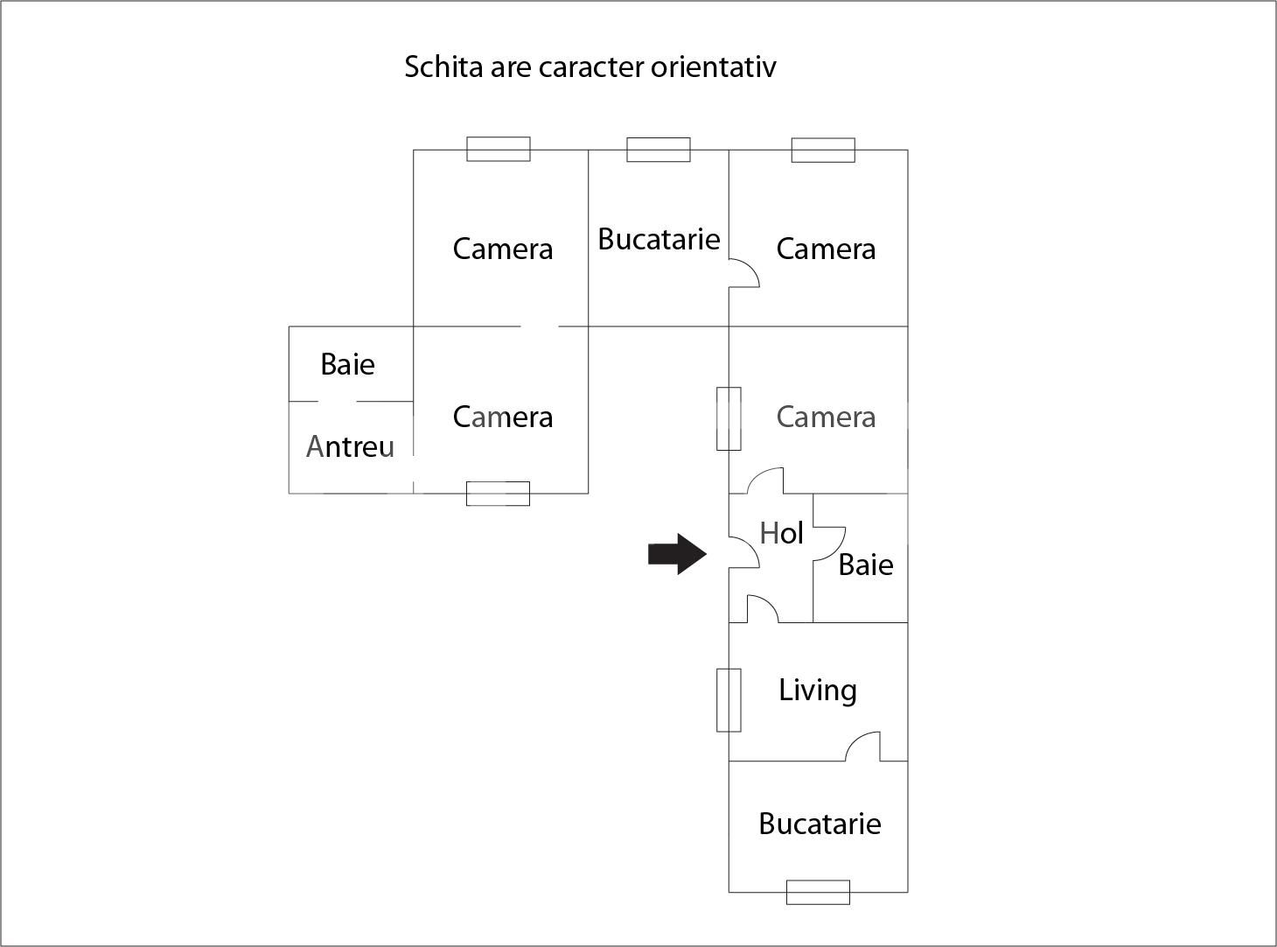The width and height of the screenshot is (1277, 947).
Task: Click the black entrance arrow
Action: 677,553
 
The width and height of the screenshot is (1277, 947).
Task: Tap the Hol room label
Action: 781,532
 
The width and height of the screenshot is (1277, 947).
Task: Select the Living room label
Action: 818,691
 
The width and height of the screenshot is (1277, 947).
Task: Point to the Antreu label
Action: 350,446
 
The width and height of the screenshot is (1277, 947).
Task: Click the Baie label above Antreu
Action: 347,364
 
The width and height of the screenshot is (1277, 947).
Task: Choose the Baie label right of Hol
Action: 865,565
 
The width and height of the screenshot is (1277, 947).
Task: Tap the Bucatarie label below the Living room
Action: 820,824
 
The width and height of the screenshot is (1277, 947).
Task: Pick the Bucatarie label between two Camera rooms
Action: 659,239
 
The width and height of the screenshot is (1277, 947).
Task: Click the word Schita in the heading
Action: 443,67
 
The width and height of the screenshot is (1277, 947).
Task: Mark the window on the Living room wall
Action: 729,700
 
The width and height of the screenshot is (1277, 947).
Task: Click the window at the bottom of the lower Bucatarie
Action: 818,892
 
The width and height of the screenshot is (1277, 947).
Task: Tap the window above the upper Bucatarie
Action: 659,150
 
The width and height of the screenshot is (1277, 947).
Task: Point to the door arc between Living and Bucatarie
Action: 863,747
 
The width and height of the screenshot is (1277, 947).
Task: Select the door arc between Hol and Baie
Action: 829,543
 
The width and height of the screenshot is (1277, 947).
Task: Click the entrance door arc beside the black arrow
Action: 744,552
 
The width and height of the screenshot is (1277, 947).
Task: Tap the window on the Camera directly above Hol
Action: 729,418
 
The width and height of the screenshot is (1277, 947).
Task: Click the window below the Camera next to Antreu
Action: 498,494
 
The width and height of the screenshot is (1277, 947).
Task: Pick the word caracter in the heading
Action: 590,67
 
